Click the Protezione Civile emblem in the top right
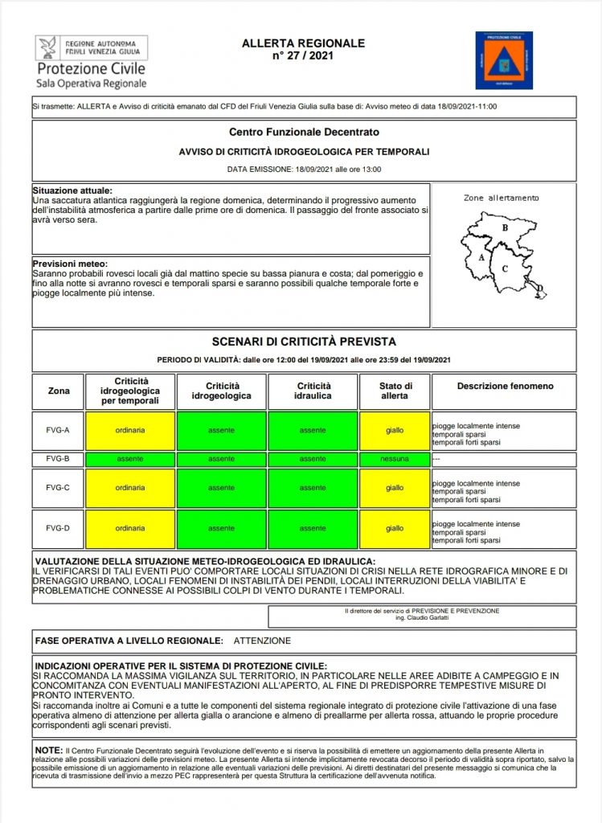coord(504,60)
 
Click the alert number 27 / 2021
coord(303,56)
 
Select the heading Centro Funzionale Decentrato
coord(304,131)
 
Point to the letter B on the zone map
coord(505,227)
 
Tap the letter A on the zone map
coord(481,258)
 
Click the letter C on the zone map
coord(505,269)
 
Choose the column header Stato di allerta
coord(395,391)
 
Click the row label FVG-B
coord(58,459)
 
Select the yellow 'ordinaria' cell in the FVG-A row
coord(130,431)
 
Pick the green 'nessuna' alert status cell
coord(395,459)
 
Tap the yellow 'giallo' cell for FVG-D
coord(395,528)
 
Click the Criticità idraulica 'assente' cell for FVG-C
coord(313,487)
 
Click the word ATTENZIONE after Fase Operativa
coord(262,641)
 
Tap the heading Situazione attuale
coord(72,190)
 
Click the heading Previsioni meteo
coord(70,264)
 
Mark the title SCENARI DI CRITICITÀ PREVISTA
coord(304,342)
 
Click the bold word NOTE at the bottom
coord(48,749)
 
